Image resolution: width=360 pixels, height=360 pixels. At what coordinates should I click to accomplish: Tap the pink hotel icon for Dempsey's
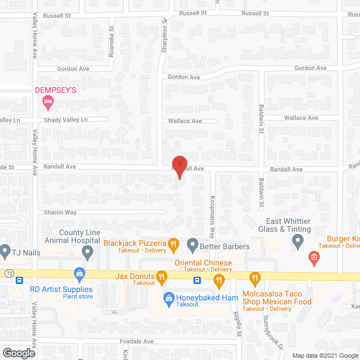click(48, 102)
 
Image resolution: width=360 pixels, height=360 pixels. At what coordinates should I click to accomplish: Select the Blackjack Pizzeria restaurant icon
click(174, 245)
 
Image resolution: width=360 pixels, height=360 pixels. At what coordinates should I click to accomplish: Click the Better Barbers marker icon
click(192, 245)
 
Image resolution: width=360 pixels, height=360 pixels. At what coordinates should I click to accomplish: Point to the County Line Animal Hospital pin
click(87, 254)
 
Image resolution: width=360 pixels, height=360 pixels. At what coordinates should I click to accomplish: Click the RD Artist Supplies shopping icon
click(79, 274)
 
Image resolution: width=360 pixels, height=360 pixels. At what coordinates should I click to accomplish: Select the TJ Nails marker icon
click(5, 250)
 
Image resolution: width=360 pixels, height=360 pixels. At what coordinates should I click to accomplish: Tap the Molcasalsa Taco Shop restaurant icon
click(254, 276)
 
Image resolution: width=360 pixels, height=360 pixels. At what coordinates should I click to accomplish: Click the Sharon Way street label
click(60, 213)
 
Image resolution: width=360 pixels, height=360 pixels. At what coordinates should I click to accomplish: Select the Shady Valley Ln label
click(66, 120)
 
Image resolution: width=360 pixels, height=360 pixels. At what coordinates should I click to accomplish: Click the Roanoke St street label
click(111, 42)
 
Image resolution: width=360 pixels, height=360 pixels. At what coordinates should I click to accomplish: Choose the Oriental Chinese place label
click(203, 263)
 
